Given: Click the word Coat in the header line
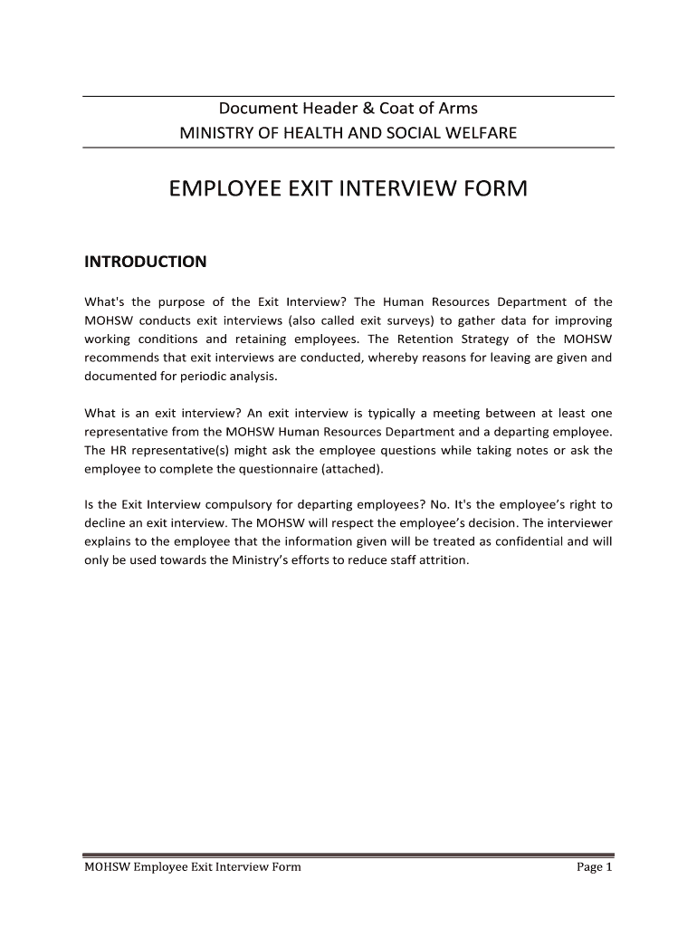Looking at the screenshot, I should [396, 109].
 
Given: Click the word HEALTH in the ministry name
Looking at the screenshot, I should [322, 133].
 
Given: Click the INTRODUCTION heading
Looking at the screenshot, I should [145, 262].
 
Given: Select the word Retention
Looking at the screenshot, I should [418, 339].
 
